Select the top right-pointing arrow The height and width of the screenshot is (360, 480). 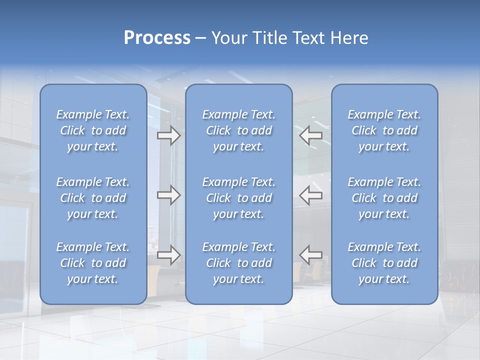click(x=168, y=135)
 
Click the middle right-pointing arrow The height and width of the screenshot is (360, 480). click(x=168, y=195)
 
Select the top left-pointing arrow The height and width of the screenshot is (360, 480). click(x=311, y=135)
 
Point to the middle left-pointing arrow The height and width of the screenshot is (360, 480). click(x=311, y=195)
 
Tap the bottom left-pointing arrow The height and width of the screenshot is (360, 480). click(x=311, y=254)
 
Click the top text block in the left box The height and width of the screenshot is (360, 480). click(x=93, y=130)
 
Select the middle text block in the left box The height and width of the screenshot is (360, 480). click(x=93, y=198)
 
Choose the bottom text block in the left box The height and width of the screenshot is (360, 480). click(x=93, y=263)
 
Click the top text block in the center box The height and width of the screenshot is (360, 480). click(x=238, y=130)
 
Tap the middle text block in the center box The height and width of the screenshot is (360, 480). click(x=238, y=198)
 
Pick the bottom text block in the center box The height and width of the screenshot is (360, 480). click(x=238, y=263)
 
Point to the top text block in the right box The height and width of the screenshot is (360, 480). click(x=384, y=130)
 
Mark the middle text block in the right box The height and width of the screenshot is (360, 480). click(x=384, y=198)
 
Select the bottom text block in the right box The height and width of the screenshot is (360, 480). click(x=384, y=263)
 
